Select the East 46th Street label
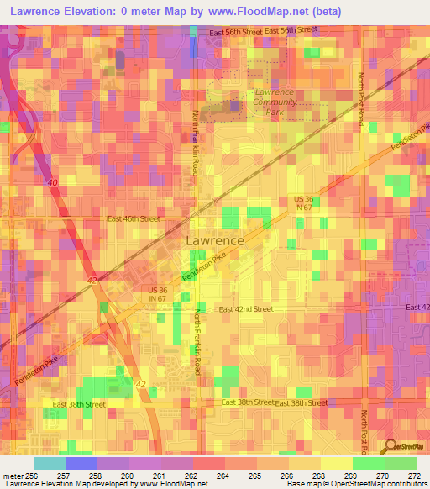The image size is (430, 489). click(134, 218)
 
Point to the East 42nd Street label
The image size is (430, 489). click(246, 309)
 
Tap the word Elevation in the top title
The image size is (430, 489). click(93, 9)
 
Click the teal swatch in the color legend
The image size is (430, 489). click(49, 463)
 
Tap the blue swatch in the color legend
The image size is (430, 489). click(81, 463)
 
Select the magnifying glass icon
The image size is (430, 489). click(389, 446)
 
